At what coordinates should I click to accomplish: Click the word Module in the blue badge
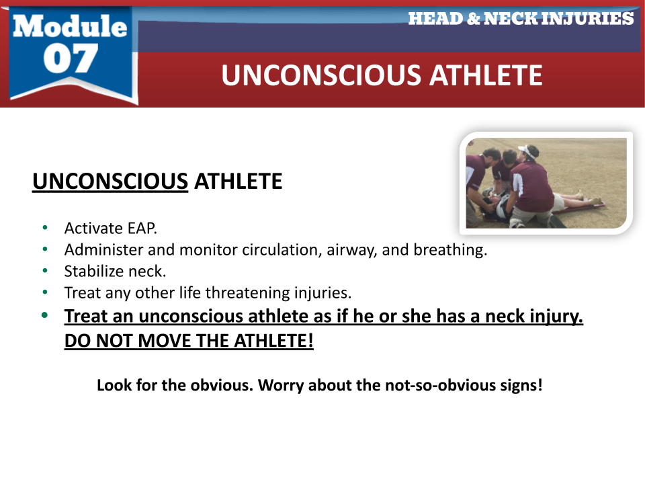[x=70, y=26]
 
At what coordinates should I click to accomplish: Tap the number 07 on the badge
[x=70, y=58]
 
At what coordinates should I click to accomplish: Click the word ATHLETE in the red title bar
[x=486, y=75]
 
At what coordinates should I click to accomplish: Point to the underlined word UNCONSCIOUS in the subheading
[x=110, y=182]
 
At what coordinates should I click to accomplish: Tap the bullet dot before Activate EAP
[x=45, y=228]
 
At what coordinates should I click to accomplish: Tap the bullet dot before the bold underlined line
[x=45, y=316]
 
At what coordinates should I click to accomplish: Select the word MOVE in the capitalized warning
[x=161, y=340]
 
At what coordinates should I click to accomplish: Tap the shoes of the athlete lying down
[x=597, y=200]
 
